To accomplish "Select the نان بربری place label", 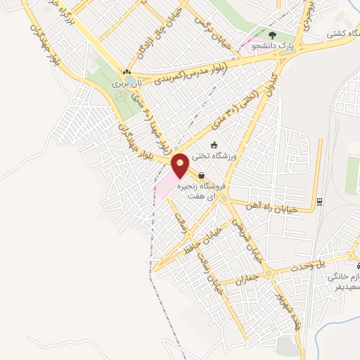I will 129,83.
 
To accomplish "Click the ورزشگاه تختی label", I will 238,156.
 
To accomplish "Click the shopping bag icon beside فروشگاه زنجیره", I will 202,176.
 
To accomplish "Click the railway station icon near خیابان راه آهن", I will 319,201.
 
